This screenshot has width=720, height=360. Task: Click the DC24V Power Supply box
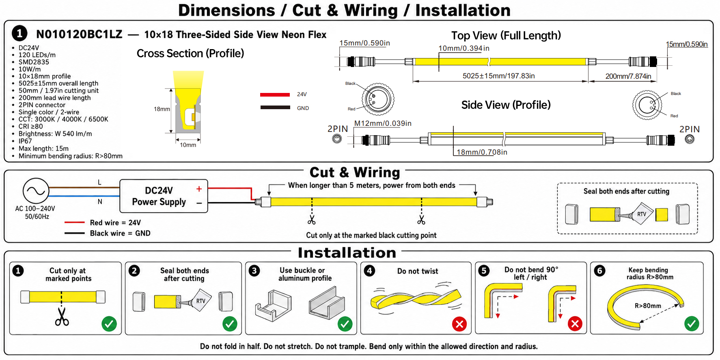[x=164, y=196]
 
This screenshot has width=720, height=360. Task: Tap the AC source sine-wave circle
[x=36, y=190]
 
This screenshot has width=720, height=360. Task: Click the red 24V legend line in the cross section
[x=275, y=95]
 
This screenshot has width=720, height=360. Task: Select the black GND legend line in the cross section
[x=275, y=108]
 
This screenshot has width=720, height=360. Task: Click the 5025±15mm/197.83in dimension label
[x=498, y=76]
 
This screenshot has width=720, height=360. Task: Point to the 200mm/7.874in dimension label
[x=628, y=76]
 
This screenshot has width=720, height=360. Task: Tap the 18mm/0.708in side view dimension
[x=482, y=152]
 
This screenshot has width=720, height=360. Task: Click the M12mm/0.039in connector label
[x=383, y=123]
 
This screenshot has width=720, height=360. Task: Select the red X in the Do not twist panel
[x=459, y=324]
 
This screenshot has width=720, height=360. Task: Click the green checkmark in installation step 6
[x=692, y=324]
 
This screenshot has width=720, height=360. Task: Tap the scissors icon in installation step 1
[x=62, y=317]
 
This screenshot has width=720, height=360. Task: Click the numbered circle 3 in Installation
[x=254, y=271]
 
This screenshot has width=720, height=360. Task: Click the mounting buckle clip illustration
[x=274, y=305]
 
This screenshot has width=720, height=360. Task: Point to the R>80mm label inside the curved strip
[x=648, y=306]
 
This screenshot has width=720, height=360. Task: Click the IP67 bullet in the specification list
[x=25, y=141]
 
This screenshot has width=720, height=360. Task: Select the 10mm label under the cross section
[x=188, y=145]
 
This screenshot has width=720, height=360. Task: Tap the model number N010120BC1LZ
[x=79, y=34]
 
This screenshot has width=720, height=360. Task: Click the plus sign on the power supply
[x=199, y=189]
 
